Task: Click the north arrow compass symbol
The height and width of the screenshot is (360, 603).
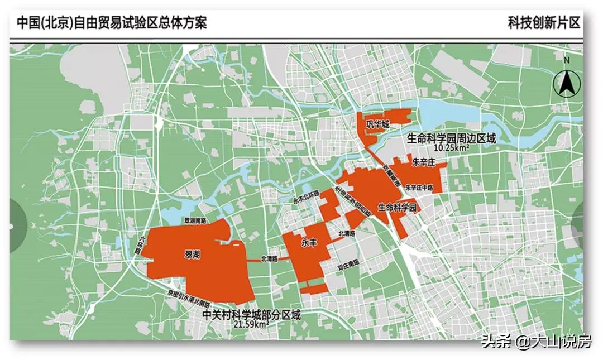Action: [x=566, y=84]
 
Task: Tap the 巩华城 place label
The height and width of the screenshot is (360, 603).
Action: [x=377, y=124]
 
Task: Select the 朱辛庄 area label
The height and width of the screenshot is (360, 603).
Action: [x=423, y=163]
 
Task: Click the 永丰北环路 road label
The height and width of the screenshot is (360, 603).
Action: [x=306, y=200]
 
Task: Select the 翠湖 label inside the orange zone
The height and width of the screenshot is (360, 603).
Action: [x=192, y=254]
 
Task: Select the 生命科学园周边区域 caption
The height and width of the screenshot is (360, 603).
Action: [x=451, y=138]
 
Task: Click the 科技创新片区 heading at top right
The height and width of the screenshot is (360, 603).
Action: [x=543, y=23]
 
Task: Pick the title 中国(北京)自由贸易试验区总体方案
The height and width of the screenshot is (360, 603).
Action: [x=112, y=23]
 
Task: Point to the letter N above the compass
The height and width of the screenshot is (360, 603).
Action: [x=566, y=60]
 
